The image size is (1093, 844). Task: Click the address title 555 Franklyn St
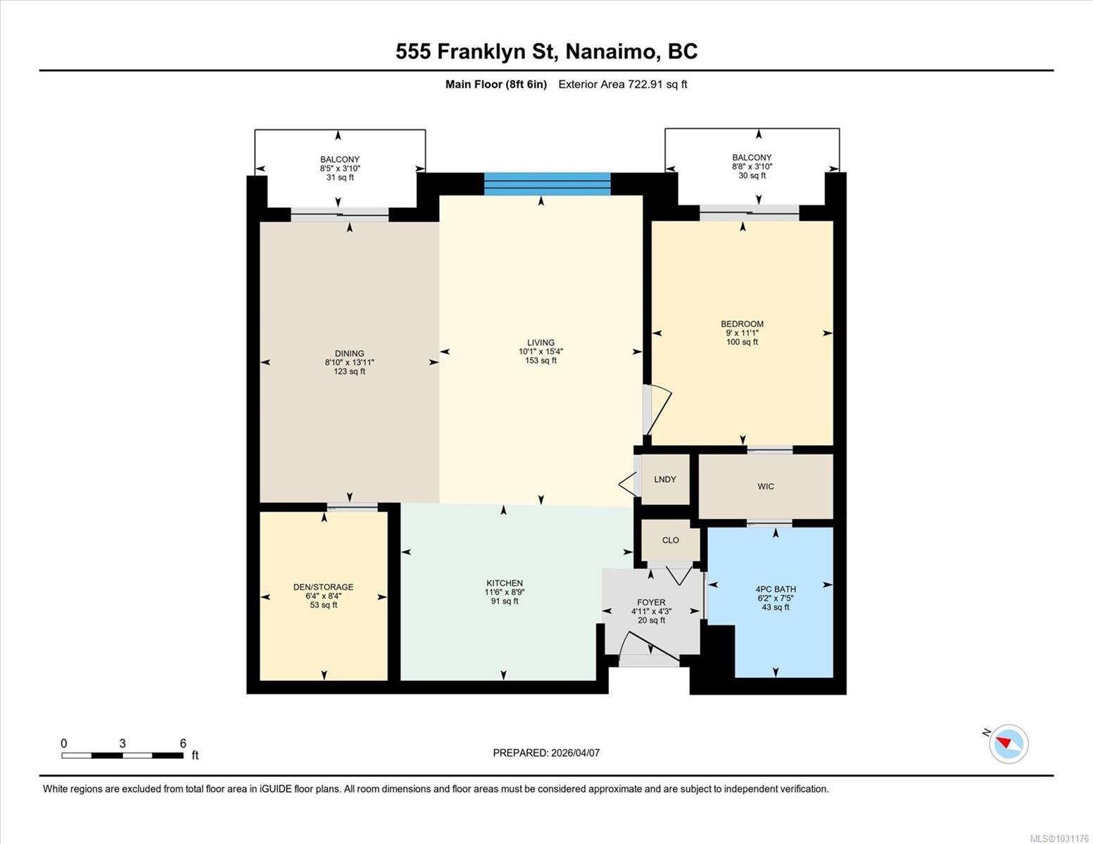tap(546, 52)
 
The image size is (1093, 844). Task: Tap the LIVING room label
tap(541, 343)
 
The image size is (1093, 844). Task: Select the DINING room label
tap(349, 354)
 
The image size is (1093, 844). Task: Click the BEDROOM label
tap(742, 324)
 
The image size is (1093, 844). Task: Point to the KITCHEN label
tap(505, 583)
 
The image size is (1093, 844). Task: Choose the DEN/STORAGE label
tap(323, 587)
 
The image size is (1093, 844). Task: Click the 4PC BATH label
tap(776, 589)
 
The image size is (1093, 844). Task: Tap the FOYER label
tap(651, 603)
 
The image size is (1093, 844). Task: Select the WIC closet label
tap(766, 487)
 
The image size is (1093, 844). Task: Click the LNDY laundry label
tap(665, 480)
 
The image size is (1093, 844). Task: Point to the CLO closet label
tap(671, 540)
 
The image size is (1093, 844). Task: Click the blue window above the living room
tap(547, 184)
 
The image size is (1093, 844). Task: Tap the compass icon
tap(1009, 743)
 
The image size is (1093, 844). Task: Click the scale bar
tap(123, 755)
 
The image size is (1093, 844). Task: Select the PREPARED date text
tap(546, 753)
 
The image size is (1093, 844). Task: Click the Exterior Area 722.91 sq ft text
tap(622, 84)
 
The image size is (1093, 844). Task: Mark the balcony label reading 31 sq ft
tap(340, 168)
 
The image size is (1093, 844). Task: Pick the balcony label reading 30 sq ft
tap(752, 167)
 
